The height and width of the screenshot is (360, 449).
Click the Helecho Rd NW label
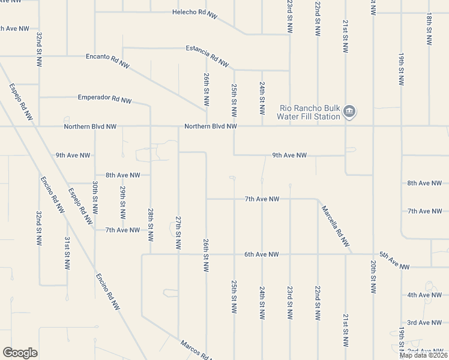[x=194, y=13]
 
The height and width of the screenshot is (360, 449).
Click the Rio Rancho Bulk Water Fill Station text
[x=310, y=112]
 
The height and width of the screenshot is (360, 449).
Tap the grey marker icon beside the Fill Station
[x=349, y=111]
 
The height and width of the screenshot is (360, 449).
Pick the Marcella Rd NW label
[x=335, y=226]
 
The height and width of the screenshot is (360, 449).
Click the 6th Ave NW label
[x=261, y=254]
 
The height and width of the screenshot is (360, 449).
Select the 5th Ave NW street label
[x=394, y=262]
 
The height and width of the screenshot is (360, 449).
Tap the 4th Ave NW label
[x=424, y=295]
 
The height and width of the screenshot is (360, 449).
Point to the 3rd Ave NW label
[x=424, y=323]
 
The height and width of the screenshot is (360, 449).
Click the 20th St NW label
[x=373, y=277]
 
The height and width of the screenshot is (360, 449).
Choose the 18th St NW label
[x=429, y=29]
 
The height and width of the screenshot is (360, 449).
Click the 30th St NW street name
[x=95, y=197]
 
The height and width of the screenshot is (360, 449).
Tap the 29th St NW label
[x=122, y=202]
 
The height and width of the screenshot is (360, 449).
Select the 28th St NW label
[x=151, y=223]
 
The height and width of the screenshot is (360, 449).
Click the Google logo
[x=20, y=353]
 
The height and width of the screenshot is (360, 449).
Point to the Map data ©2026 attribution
[x=423, y=355]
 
